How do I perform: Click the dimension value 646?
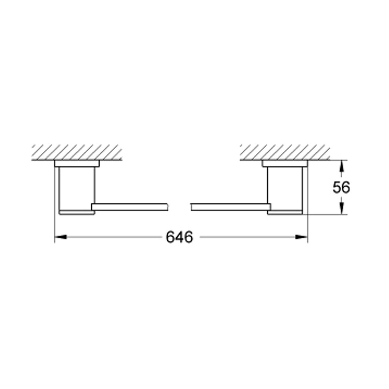pos(179,237)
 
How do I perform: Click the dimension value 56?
pos(341,187)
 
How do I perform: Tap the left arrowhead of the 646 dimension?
pos(60,237)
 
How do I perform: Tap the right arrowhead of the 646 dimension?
pos(302,237)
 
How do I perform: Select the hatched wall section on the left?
pos(76,152)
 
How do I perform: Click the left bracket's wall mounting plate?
pos(77,163)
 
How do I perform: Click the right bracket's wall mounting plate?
pos(285,163)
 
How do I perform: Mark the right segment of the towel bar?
pos(230,207)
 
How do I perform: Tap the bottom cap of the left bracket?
pos(76,212)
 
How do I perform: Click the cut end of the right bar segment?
pos(191,207)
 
